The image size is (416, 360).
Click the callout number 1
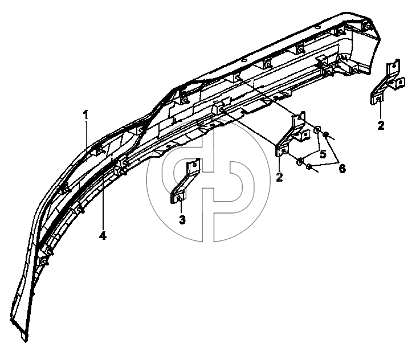pos(85,115)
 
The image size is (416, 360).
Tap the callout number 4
pos(103,235)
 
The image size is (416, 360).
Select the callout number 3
pos(182,220)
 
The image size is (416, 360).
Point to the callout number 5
pos(323,154)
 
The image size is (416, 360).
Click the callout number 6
pos(342,169)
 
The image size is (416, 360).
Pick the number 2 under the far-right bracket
pos(381,125)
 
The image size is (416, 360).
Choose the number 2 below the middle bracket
pos(279,177)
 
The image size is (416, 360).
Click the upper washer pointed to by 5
pos(317,130)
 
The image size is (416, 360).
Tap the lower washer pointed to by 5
pos(300,161)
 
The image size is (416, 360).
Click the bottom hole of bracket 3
pos(179,198)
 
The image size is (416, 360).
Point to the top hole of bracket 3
pos(195,164)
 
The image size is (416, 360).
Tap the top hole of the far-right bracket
pos(394,65)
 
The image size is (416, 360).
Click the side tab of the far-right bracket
pos(400,83)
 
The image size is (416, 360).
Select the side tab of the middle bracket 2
pos(305,134)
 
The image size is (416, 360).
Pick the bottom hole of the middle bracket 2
pos(283,151)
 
